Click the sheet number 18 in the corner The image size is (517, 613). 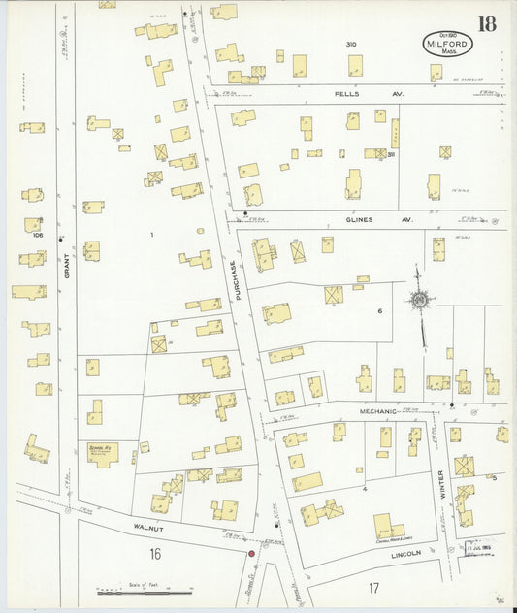tap(485, 23)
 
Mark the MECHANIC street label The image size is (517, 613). tap(378, 411)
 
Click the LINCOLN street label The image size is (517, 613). tap(405, 553)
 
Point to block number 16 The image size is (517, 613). tap(154, 554)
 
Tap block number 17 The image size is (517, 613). tap(373, 588)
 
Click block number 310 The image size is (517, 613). tap(350, 45)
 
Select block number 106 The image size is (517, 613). tap(38, 235)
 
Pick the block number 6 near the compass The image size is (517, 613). tap(380, 310)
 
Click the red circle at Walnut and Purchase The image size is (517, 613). tap(251, 554)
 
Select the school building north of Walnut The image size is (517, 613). tap(102, 451)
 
